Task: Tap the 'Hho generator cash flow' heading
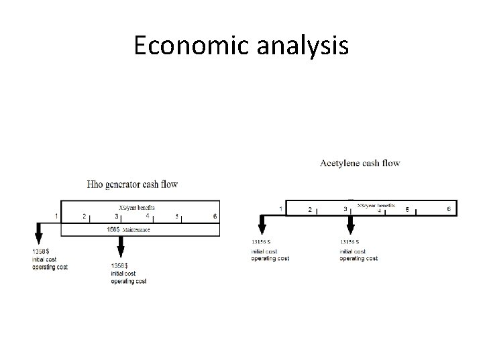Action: point(133,184)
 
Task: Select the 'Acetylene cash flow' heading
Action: point(360,163)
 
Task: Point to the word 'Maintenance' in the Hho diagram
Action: point(137,230)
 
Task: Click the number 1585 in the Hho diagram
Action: point(113,229)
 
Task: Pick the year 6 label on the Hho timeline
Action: point(215,216)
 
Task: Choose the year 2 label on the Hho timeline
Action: point(85,216)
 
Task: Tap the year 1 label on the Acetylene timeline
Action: point(280,209)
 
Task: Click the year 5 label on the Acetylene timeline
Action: point(407,209)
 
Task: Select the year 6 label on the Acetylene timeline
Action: point(449,209)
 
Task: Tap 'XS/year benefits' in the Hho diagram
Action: point(138,208)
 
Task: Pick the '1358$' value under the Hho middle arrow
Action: point(121,266)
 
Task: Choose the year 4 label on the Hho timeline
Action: point(148,216)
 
